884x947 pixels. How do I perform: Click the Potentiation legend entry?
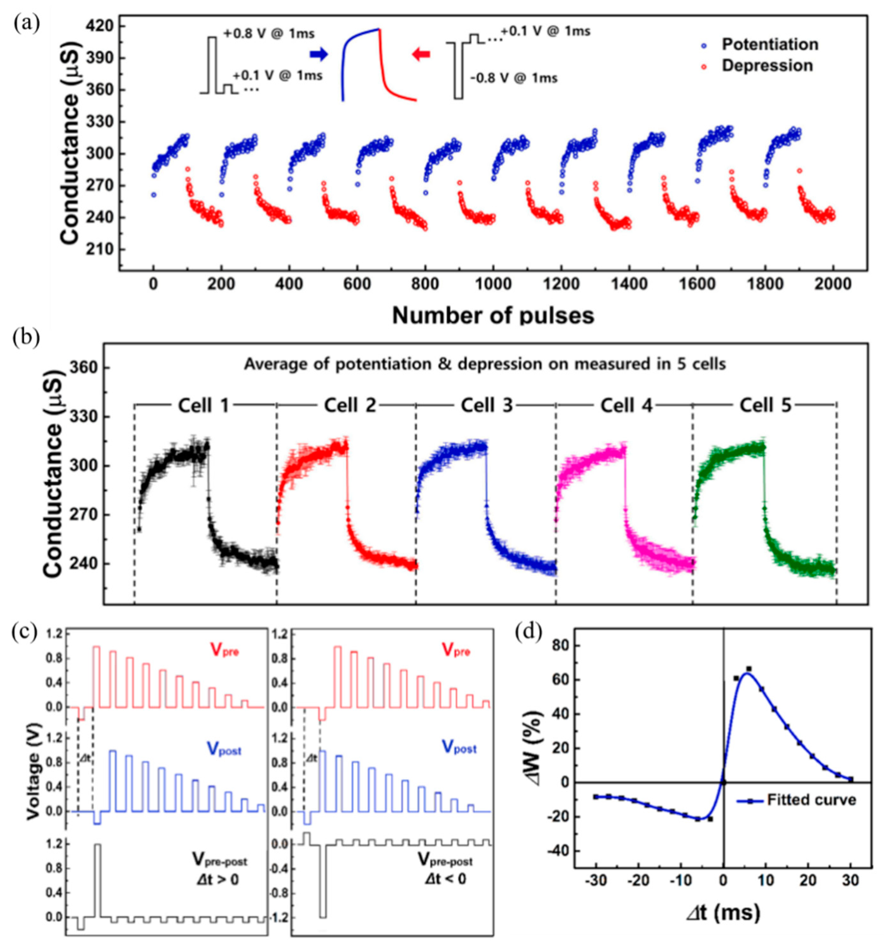coord(769,44)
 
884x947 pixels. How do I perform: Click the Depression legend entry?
coord(767,66)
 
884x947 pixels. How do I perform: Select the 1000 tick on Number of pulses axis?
coord(492,284)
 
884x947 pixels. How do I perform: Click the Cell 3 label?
coord(486,405)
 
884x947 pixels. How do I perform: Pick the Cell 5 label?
coord(765,405)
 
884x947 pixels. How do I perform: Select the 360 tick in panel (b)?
coord(84,368)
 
